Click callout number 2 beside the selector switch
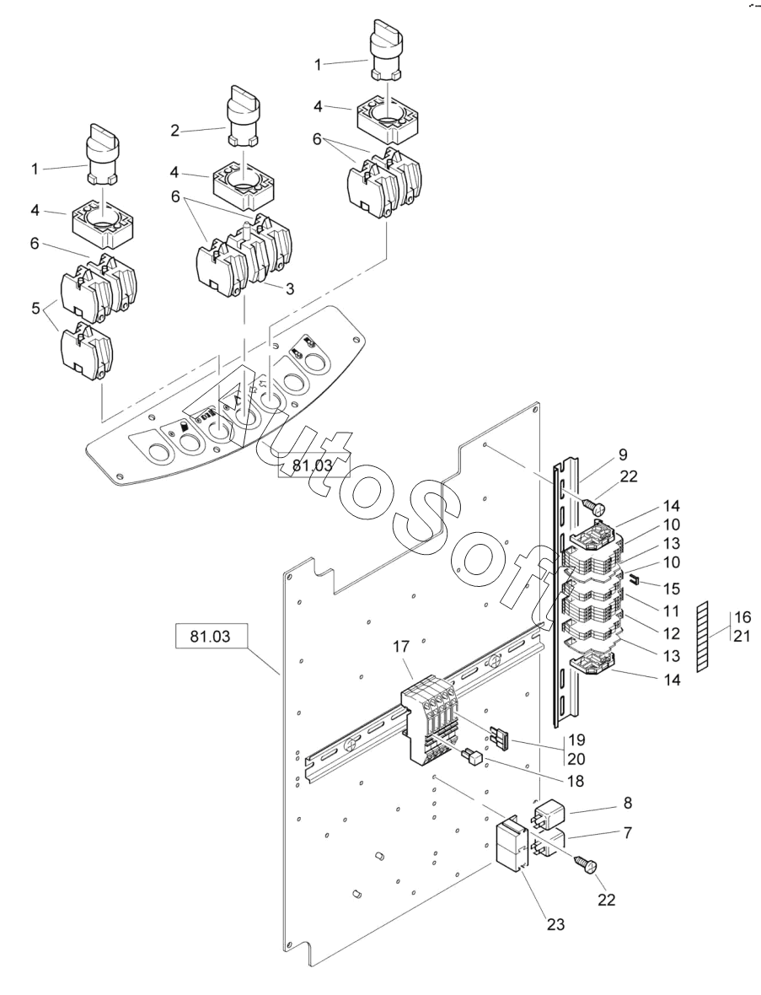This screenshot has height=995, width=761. [x=175, y=132]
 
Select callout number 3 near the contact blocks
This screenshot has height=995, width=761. [x=290, y=289]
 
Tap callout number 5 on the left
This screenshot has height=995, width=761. [x=35, y=308]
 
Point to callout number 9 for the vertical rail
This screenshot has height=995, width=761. [x=623, y=454]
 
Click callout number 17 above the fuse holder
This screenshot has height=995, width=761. [x=401, y=647]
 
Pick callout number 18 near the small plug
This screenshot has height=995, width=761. [x=576, y=781]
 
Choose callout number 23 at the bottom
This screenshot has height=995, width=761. [x=555, y=924]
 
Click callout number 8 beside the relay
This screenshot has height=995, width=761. [x=628, y=803]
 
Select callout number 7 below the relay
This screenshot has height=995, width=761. [x=628, y=832]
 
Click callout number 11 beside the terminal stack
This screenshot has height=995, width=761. [x=671, y=611]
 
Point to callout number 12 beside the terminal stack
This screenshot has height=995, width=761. [x=671, y=633]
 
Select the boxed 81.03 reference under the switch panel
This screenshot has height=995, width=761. [x=314, y=465]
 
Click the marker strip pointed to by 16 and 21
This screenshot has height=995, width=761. [x=701, y=637]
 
